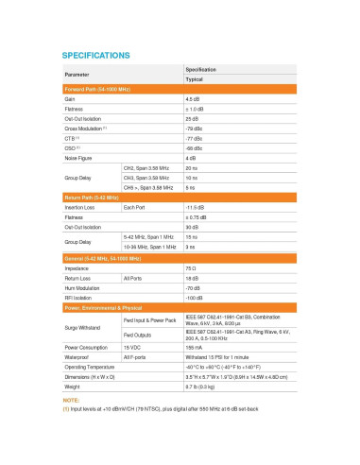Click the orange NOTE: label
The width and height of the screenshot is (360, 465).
[72, 401]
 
